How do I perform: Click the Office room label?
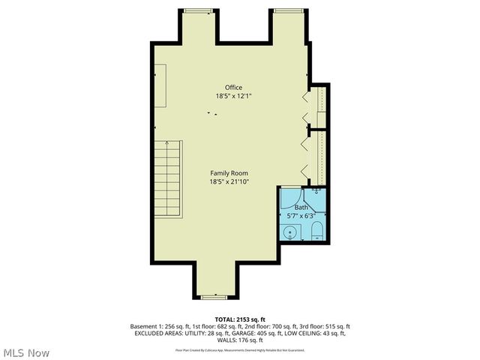coord(233,87)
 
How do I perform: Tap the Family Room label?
coord(229,173)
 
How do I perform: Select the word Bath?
coord(301,207)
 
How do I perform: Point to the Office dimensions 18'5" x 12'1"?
coord(233,96)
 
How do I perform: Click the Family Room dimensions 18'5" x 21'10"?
coord(229,181)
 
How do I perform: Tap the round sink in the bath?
coord(290,232)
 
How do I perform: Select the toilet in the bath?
coord(316,230)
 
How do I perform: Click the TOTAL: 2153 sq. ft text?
coord(240,319)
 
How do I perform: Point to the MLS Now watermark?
coord(26,352)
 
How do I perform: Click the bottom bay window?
coord(214,297)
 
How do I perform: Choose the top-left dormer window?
coord(197,10)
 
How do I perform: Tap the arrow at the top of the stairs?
coord(168,142)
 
